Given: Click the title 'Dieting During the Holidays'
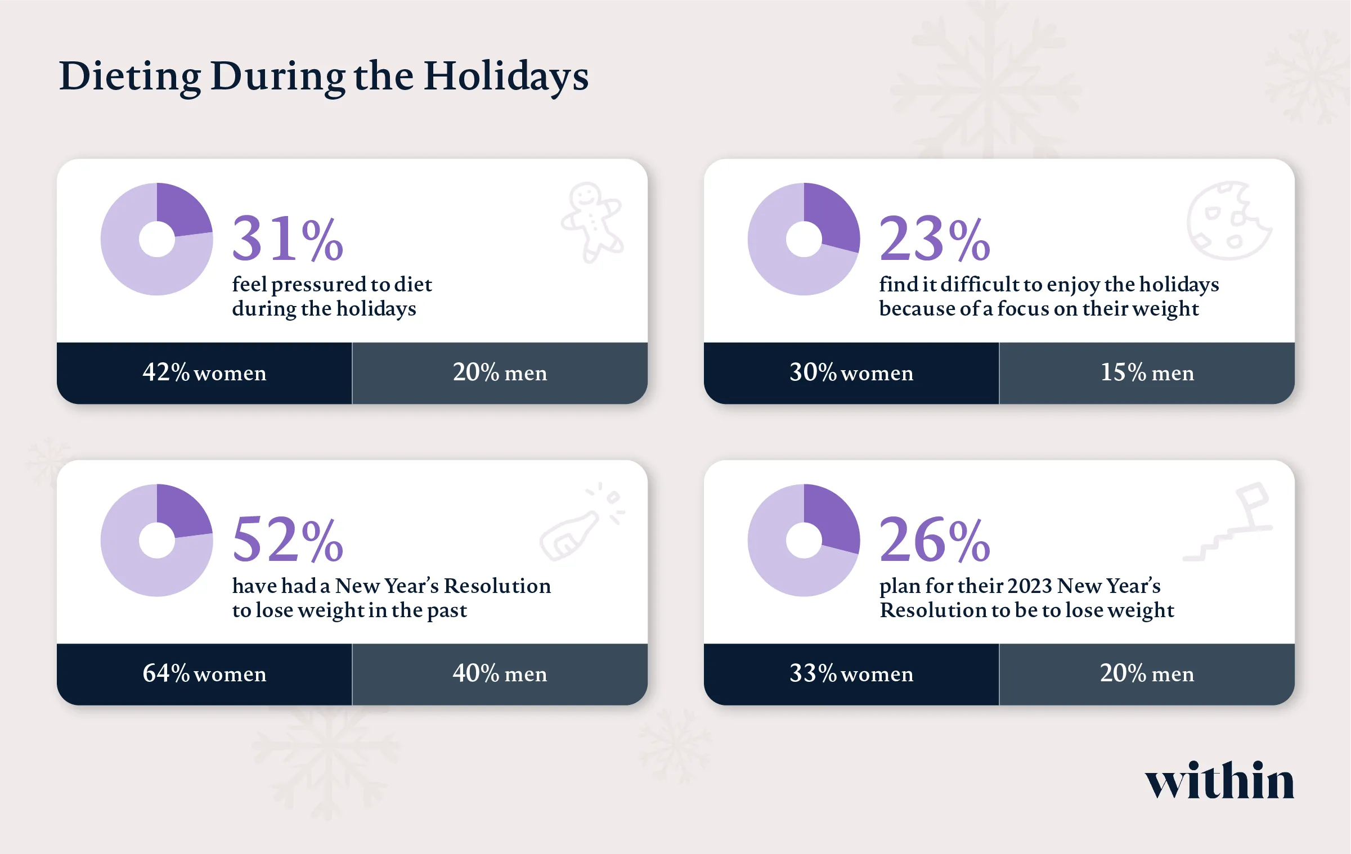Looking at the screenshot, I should click(324, 76).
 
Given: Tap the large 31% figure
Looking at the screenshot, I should click(288, 239).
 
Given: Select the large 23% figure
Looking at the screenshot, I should click(934, 239).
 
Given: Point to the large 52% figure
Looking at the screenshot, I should click(288, 540).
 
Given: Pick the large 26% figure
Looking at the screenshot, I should click(934, 540).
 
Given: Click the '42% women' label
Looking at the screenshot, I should click(204, 373).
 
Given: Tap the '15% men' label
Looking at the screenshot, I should click(1147, 373).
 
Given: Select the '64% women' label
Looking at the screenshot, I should click(204, 674).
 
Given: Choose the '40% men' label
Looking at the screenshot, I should click(500, 674).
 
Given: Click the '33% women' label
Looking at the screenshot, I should click(851, 674).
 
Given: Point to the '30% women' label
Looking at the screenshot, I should click(851, 373).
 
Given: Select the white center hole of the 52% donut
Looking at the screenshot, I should click(157, 540).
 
